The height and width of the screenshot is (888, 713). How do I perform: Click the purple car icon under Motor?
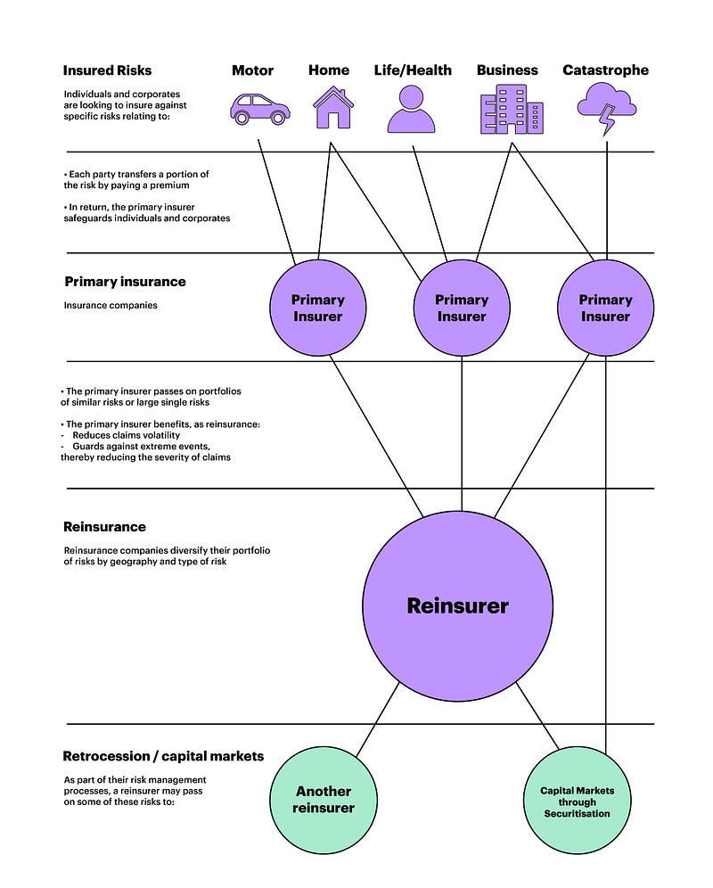260,110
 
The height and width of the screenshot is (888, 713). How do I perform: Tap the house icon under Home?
333,108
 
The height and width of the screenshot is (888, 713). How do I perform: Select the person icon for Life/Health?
411,110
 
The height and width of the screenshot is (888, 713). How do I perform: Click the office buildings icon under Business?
512,110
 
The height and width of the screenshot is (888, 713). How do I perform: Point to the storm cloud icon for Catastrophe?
607,109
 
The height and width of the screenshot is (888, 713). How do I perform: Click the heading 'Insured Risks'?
107,70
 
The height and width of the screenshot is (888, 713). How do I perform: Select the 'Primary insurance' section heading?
125,282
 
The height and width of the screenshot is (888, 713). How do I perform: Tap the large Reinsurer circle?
457,606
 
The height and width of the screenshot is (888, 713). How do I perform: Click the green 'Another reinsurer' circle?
324,800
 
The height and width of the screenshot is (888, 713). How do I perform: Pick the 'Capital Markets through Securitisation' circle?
577,801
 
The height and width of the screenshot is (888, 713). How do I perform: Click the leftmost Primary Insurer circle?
317,308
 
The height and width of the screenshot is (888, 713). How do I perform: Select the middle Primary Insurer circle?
462,308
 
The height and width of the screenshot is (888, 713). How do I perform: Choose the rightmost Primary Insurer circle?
605,308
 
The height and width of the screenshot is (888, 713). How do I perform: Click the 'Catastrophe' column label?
605,70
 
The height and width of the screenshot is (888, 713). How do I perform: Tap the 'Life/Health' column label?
413,70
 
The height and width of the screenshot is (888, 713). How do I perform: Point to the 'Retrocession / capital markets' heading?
163,756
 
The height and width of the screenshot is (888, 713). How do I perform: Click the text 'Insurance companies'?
111,305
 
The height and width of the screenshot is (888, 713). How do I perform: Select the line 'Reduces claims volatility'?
127,435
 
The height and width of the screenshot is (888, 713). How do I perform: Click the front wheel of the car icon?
277,118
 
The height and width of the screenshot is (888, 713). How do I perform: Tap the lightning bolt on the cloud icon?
608,120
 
